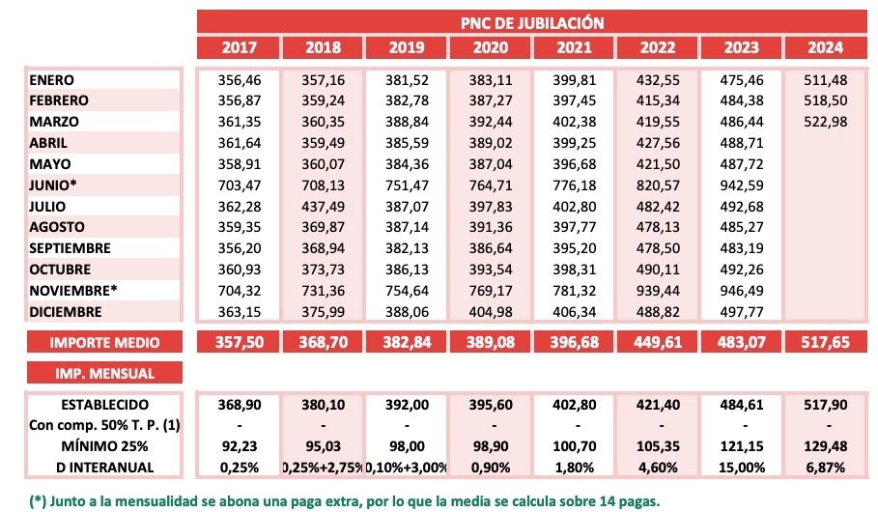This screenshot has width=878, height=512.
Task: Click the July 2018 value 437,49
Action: pos(323,206)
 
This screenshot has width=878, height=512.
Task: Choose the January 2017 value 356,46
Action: pos(239,80)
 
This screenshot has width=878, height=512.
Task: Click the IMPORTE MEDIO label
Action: pos(92,343)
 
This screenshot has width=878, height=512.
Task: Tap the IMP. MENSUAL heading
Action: pos(92,373)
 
